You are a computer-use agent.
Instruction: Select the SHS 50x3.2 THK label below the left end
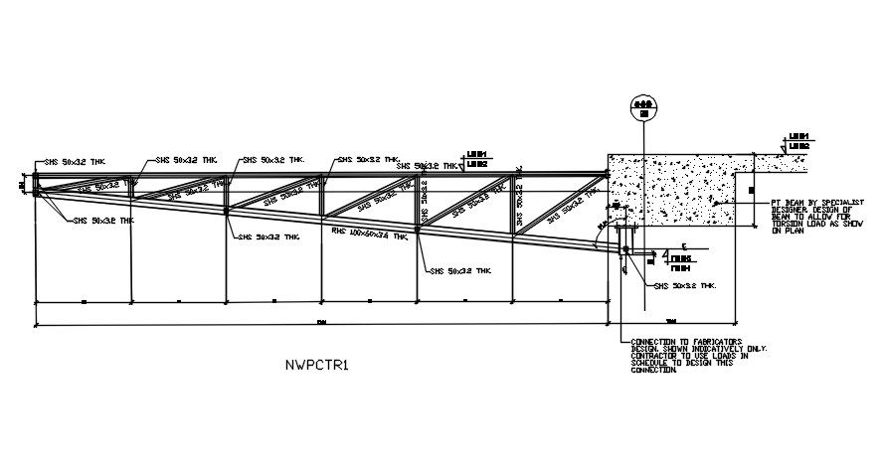coord(102,221)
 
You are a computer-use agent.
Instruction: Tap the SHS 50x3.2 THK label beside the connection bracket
coord(685,286)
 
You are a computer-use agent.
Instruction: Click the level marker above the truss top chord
coord(478,158)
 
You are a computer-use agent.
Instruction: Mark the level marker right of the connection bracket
coord(680,261)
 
